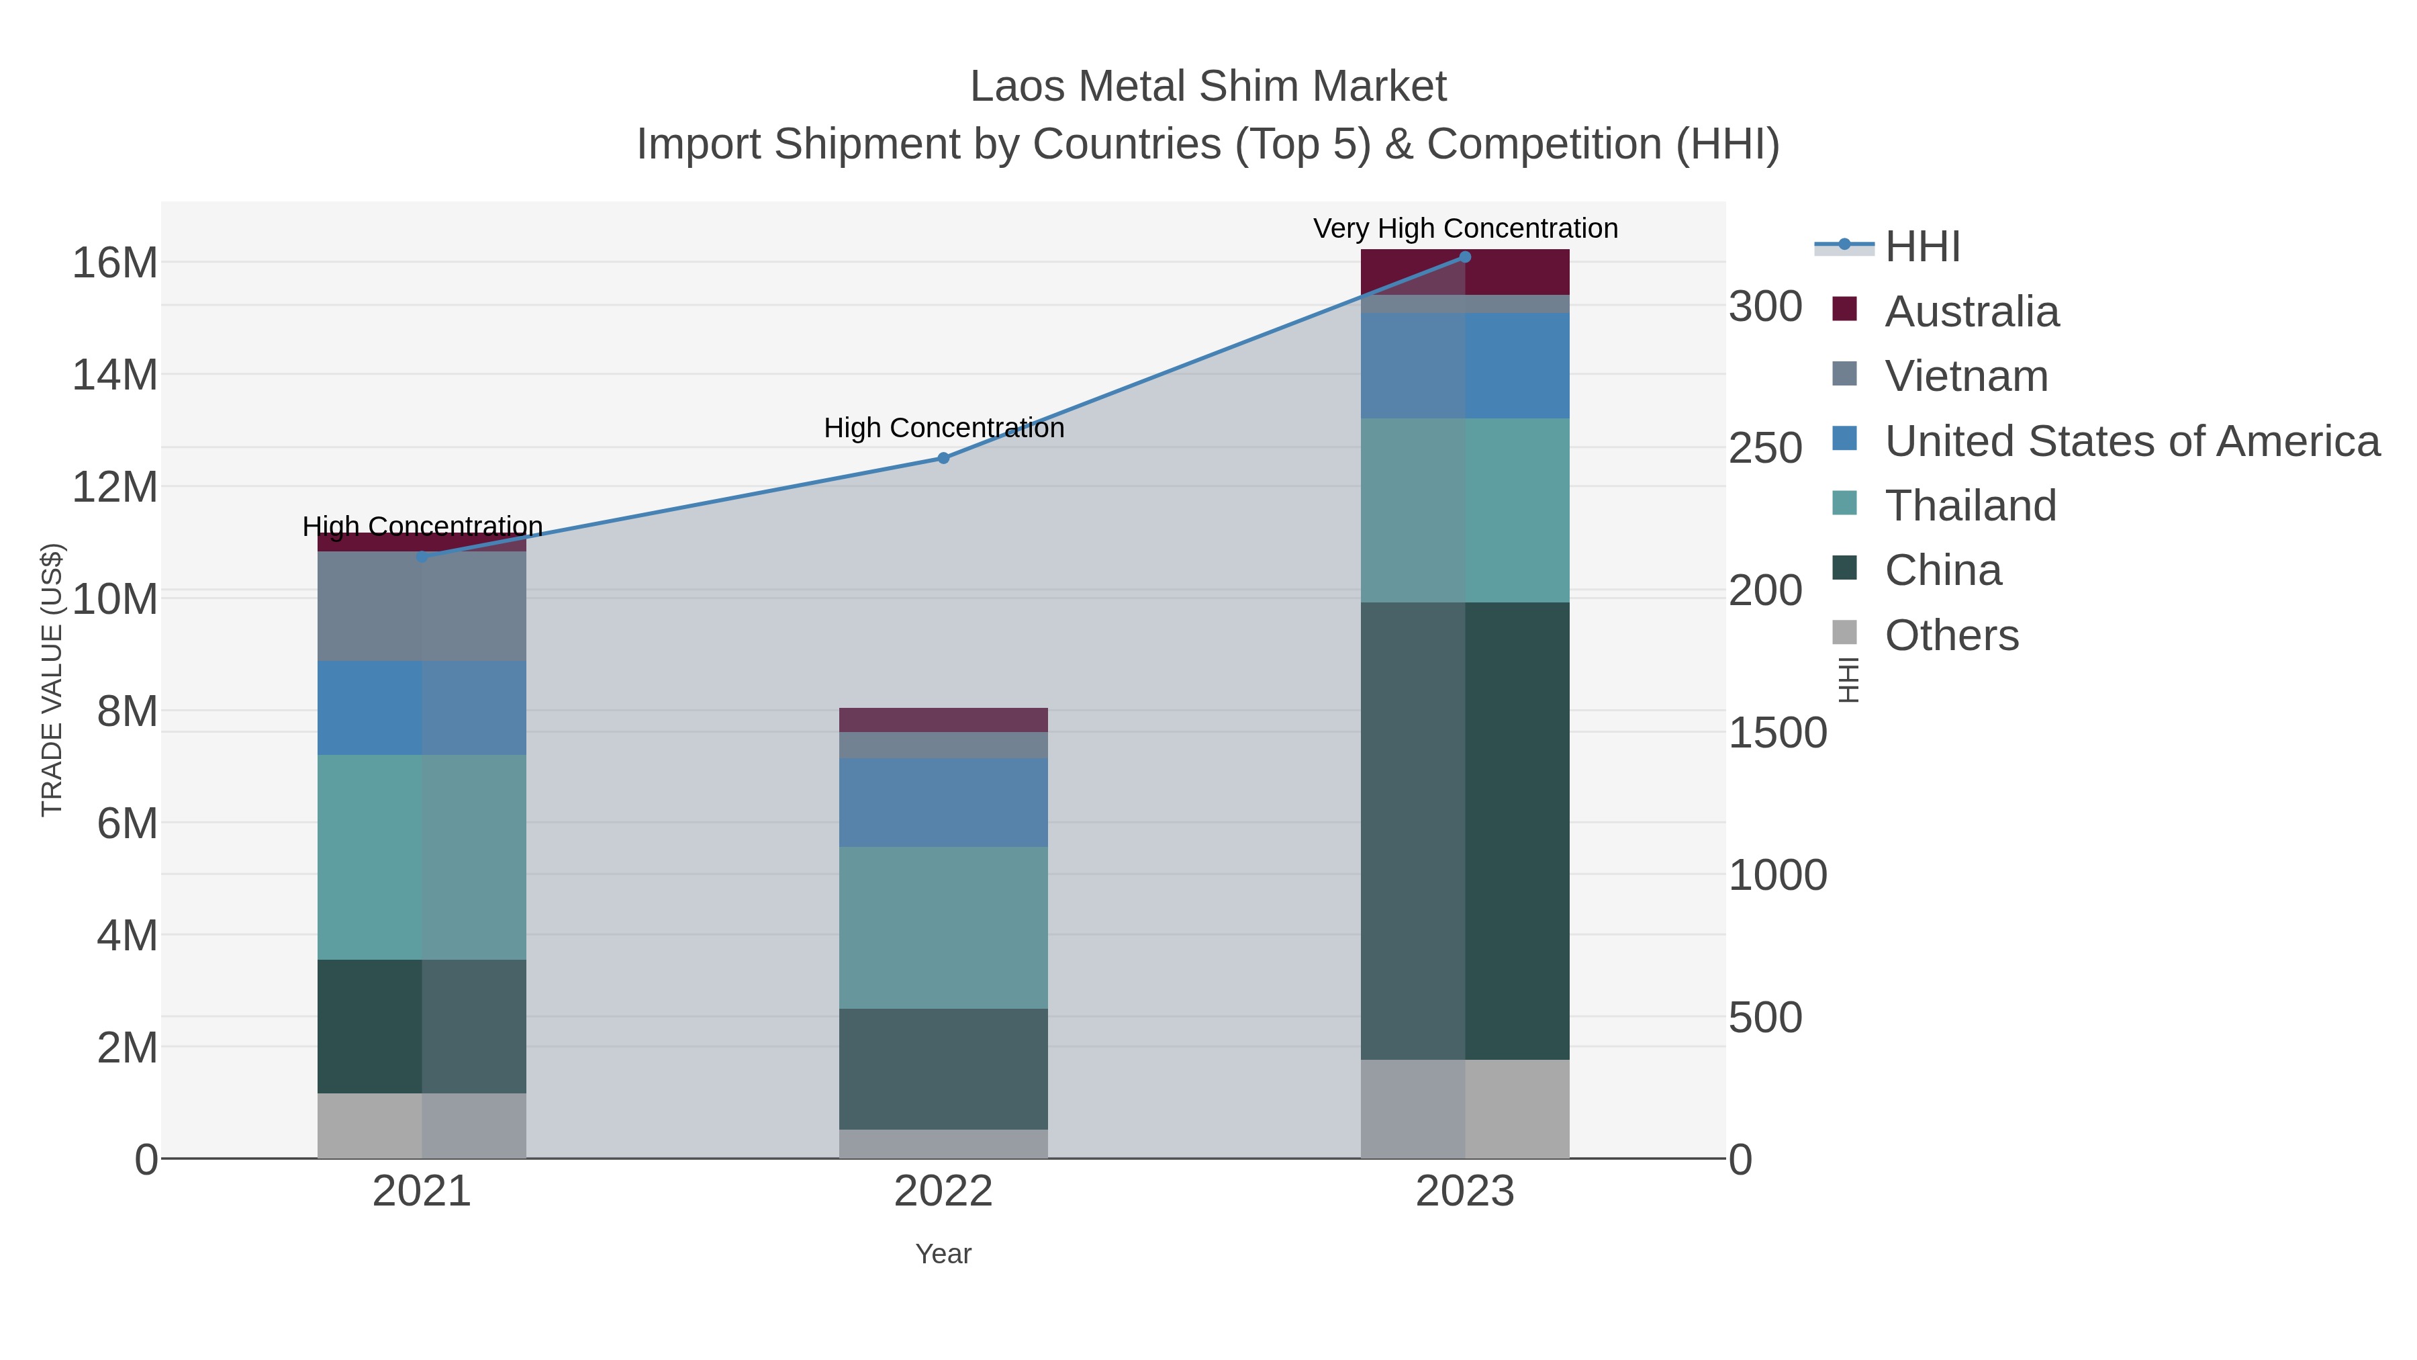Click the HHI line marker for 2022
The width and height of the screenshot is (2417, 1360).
pos(943,458)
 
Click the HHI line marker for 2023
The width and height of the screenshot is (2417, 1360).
pos(1465,257)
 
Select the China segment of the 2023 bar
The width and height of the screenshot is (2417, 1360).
pos(1465,831)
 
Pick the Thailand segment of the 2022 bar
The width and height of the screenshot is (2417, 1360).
pos(943,927)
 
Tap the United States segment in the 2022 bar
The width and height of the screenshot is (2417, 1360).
pos(943,803)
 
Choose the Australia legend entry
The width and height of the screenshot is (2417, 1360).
pos(1971,312)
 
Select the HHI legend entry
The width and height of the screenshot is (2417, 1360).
pos(1922,247)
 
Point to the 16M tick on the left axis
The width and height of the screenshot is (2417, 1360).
pos(114,263)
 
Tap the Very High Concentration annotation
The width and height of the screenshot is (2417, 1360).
pos(1465,228)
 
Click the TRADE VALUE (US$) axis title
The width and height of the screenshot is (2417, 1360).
pos(52,680)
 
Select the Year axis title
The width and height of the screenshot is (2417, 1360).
pos(943,1254)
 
